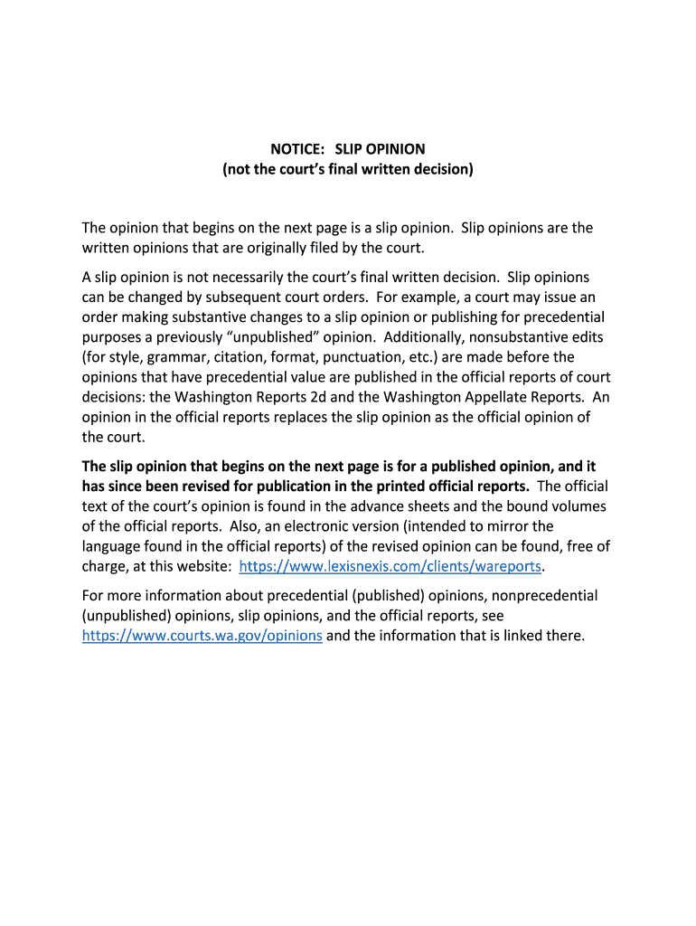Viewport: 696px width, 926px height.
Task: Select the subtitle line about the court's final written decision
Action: click(348, 168)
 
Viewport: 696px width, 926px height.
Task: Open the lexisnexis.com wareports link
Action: click(390, 566)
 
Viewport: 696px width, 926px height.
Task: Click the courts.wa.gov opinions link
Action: click(202, 635)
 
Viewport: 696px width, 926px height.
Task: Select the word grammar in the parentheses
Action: click(183, 356)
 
